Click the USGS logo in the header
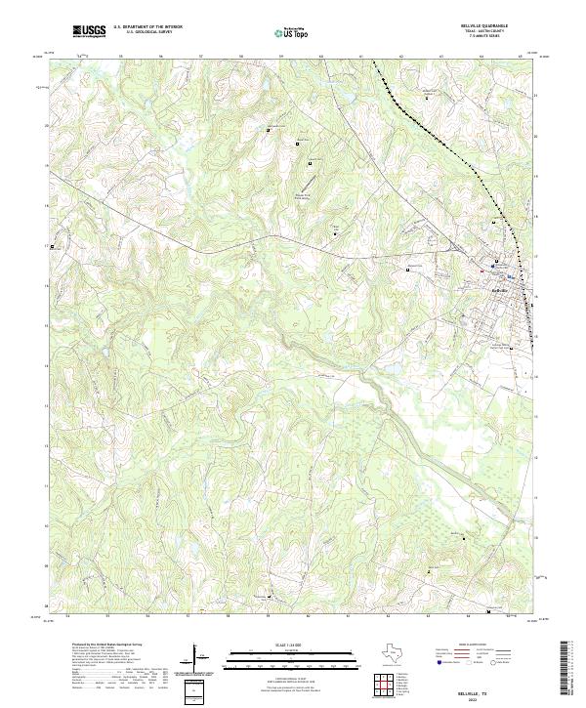pos(90,31)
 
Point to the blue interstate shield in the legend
pos(439,661)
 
